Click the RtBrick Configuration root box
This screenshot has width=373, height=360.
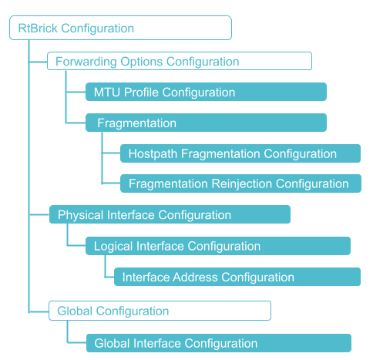120,29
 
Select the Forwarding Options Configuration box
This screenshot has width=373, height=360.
179,62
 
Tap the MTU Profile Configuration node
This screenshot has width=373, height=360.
206,93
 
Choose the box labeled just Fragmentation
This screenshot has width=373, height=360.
206,123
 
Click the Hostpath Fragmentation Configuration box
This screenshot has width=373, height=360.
240,153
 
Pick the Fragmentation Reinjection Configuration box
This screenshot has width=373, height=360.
240,184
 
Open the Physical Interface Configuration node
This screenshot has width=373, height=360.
170,215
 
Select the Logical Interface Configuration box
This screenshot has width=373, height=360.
218,247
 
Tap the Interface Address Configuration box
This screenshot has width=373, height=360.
237,278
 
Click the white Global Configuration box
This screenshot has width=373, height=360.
160,311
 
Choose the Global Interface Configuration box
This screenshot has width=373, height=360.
218,343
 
